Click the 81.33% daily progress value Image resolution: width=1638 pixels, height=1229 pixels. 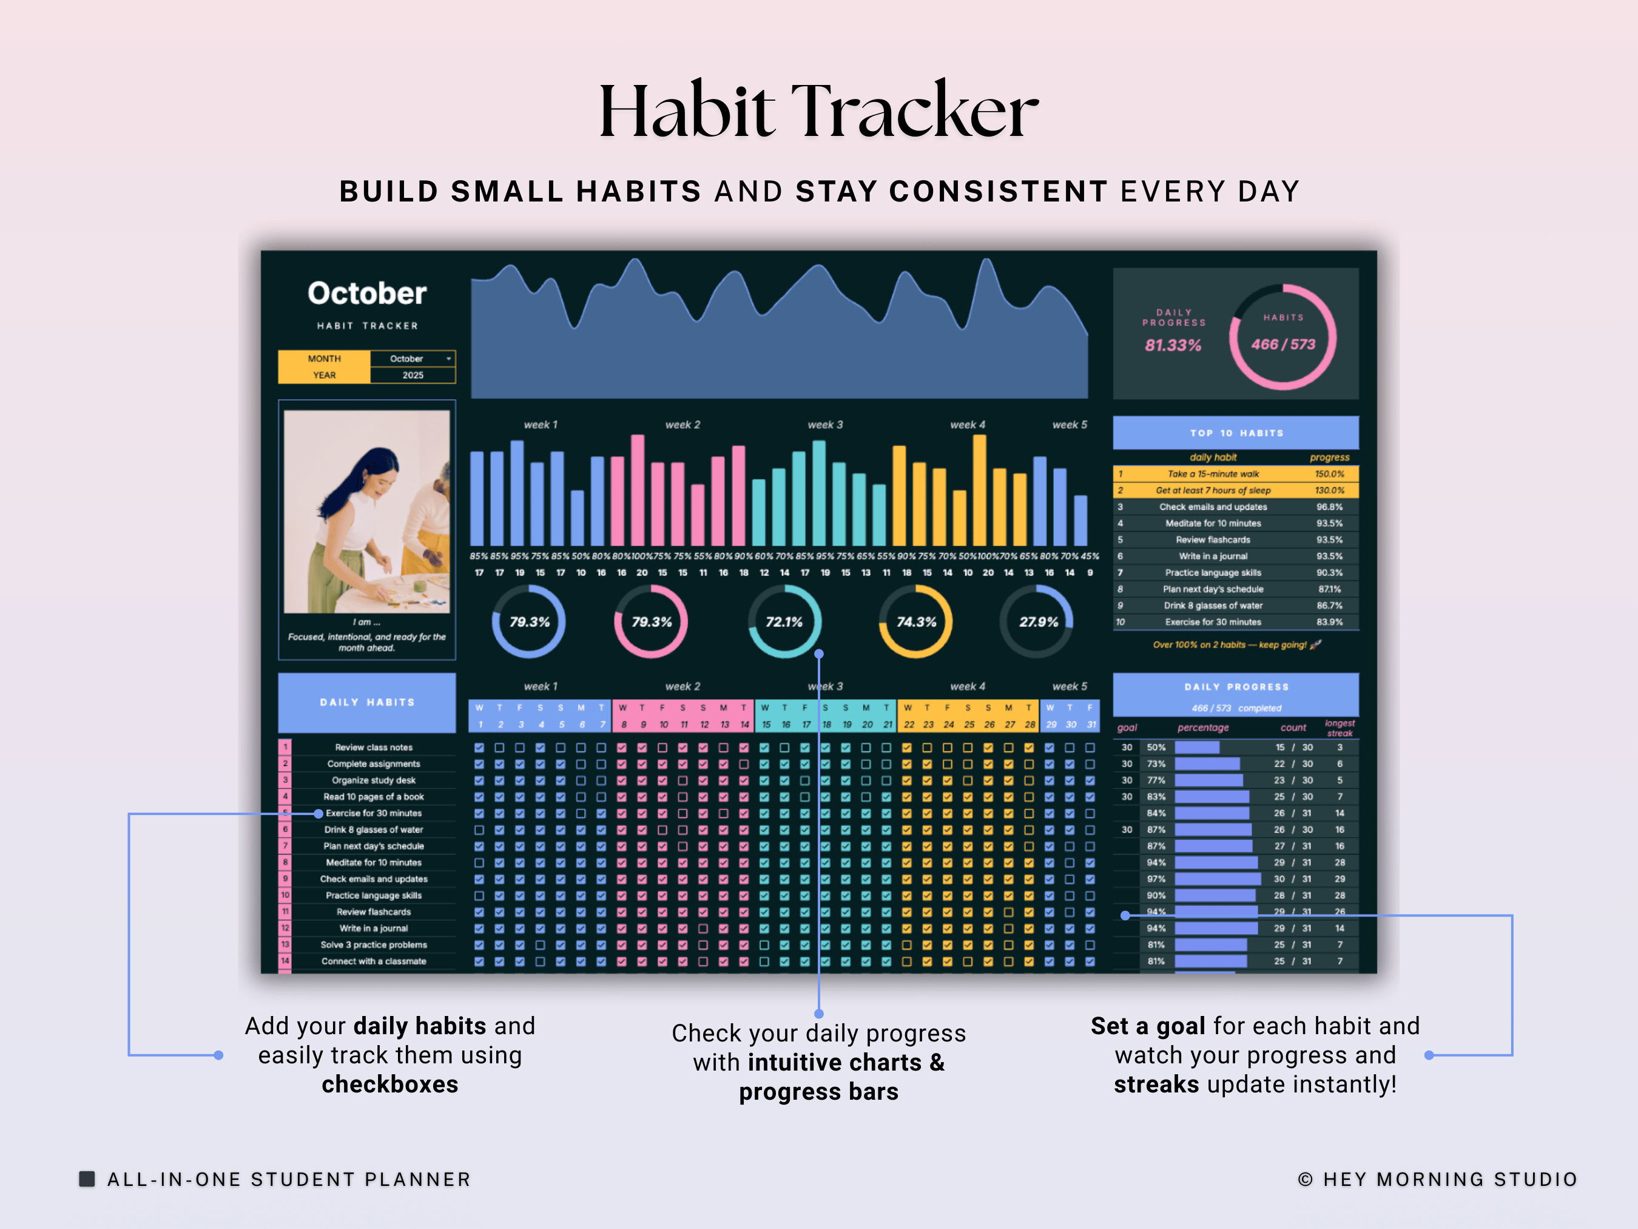point(1173,345)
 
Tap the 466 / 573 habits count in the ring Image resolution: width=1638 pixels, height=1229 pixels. point(1283,345)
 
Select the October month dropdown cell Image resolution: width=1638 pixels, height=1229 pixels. point(413,359)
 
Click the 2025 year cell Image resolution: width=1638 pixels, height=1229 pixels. point(413,375)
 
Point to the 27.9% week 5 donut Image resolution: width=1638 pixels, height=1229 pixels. point(1037,622)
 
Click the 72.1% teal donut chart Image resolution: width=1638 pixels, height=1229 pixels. point(784,622)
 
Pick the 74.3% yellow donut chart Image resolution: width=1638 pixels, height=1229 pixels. point(916,622)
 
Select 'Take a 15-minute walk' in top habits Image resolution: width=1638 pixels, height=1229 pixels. point(1213,474)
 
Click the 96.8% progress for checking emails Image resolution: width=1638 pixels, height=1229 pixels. point(1329,507)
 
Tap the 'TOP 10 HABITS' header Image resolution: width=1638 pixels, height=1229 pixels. point(1236,433)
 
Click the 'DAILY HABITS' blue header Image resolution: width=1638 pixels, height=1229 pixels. point(367,702)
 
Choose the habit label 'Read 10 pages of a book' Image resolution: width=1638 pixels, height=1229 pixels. point(373,797)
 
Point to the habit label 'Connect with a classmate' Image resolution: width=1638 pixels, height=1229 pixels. point(373,961)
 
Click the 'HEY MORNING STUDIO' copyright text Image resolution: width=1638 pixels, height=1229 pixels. point(1449,1179)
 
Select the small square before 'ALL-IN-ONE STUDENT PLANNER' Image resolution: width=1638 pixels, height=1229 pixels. point(87,1179)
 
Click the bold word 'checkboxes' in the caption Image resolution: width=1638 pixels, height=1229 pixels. point(389,1085)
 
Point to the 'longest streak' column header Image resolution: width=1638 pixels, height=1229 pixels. point(1340,728)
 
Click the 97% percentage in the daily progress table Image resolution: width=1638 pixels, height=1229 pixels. point(1156,879)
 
